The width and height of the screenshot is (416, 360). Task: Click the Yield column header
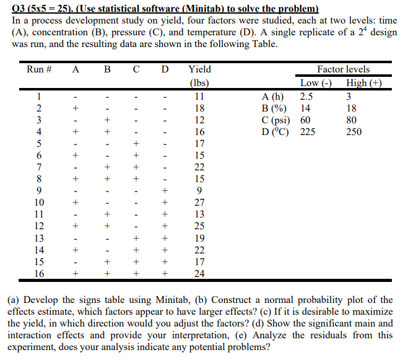(199, 69)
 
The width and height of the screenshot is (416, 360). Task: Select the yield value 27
(199, 203)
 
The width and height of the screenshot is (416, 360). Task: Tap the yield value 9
(199, 191)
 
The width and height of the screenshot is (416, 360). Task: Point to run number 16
(38, 273)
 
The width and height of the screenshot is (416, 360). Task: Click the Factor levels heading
(343, 69)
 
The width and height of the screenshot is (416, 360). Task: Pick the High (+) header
(364, 83)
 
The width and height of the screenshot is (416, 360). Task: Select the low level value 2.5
(306, 97)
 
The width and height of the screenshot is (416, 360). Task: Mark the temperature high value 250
(354, 132)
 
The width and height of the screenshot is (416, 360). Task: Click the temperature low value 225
(308, 132)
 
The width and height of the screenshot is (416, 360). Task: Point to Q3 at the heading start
(19, 9)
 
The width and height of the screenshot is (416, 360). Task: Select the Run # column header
(38, 69)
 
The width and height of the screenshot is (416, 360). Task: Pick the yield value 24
(199, 273)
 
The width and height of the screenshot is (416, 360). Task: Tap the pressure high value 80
(352, 120)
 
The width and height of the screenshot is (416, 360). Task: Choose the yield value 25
(199, 226)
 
